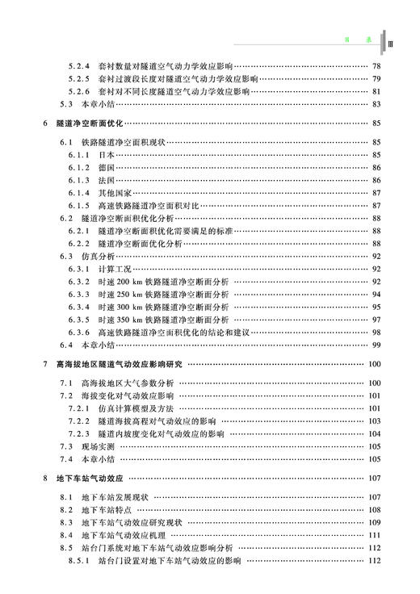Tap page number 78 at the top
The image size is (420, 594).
tap(376, 66)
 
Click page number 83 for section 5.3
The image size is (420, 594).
tap(376, 105)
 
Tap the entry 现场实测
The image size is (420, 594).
tap(98, 447)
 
